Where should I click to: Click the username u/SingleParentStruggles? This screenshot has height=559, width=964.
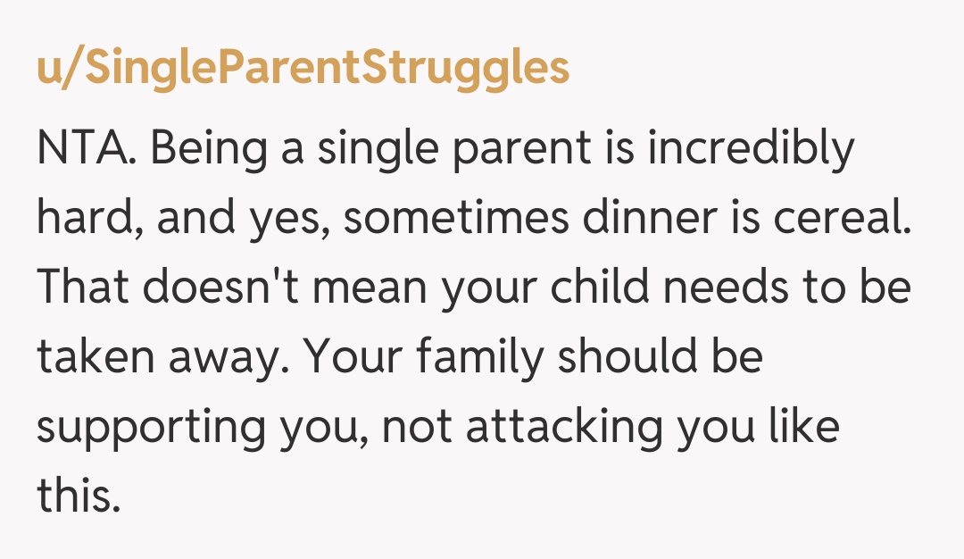coord(303,67)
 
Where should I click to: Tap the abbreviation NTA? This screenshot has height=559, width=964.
coord(86,150)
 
